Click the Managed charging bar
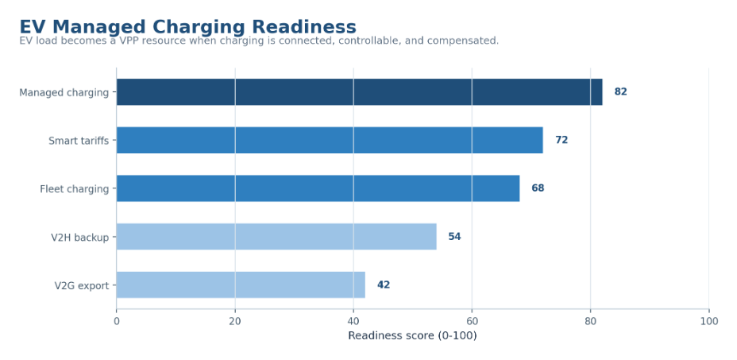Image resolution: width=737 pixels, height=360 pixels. coord(359,91)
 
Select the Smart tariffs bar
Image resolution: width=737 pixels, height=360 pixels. coord(330,140)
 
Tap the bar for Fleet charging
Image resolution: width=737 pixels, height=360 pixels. coord(318,188)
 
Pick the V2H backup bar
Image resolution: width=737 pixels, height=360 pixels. coord(276,236)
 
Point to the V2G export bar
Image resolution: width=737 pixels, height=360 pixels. coord(241,285)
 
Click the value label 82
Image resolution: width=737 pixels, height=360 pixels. coord(620,91)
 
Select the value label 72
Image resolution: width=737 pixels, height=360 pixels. coord(561,140)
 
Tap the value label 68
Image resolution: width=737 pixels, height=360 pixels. coord(538,188)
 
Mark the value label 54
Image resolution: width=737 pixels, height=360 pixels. coord(454,236)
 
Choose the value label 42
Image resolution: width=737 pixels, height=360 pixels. coord(384,285)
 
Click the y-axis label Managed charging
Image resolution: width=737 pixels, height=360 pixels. coord(64,93)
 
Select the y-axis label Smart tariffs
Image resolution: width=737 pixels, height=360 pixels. coord(79,141)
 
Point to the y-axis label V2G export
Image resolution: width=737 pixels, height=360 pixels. coord(82,285)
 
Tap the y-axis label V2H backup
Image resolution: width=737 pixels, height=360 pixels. coord(80,237)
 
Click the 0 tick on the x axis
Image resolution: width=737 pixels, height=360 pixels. coord(117,321)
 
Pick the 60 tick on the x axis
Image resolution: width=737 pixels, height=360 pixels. coord(472,321)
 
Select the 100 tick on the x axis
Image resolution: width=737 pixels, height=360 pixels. coord(708,321)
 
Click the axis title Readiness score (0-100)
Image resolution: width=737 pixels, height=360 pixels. coord(412,335)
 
